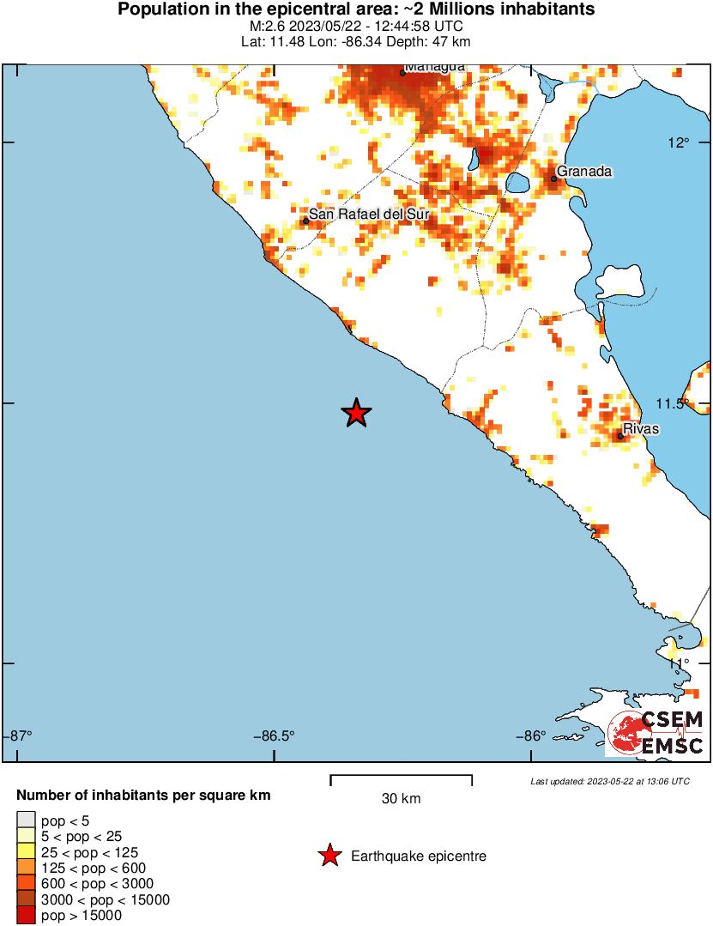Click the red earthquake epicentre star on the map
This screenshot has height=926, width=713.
356,414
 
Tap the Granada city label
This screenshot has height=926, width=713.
584,172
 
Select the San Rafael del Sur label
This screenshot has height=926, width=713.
368,214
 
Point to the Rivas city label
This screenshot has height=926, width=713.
641,427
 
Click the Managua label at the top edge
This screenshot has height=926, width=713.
435,67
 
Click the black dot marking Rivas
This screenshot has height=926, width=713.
620,437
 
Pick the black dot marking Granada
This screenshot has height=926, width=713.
554,179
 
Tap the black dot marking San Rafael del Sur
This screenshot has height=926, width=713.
305,221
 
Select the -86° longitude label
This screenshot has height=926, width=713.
532,735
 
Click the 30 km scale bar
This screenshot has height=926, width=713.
401,779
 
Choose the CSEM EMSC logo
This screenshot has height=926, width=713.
656,733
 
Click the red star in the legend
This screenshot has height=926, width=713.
328,856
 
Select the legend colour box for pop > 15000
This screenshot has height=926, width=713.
26,916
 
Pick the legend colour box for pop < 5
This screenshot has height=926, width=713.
26,820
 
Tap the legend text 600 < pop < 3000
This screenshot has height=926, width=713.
86,884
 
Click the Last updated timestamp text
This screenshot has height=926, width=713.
610,782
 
